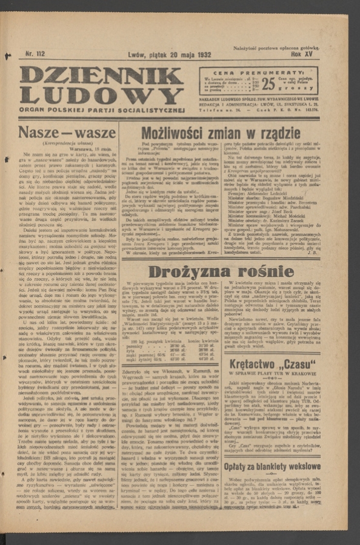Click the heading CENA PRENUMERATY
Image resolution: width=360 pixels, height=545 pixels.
[257, 71]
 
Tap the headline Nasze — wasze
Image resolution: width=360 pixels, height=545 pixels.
[67, 132]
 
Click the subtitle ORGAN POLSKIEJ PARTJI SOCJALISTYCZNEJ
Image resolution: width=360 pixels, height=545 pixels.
[101, 110]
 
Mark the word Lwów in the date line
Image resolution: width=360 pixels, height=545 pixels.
[139, 54]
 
